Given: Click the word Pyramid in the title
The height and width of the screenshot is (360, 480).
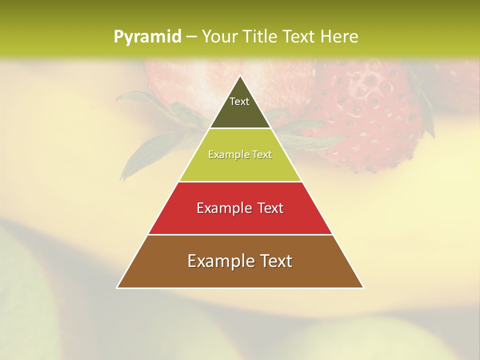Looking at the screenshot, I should pyautogui.click(x=147, y=36).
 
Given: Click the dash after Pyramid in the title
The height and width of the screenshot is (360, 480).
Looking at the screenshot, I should pyautogui.click(x=191, y=37).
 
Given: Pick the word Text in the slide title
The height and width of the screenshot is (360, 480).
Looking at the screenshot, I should pyautogui.click(x=299, y=36).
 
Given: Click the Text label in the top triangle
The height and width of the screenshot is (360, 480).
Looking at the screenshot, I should pyautogui.click(x=239, y=101).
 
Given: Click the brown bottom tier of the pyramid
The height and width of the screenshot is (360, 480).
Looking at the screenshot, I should pyautogui.click(x=240, y=275).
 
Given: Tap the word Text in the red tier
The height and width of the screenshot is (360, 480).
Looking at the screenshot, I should pyautogui.click(x=270, y=208).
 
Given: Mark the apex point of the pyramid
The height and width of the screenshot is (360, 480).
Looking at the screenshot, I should pyautogui.click(x=240, y=76).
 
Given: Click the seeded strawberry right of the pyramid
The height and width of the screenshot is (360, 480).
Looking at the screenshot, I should pyautogui.click(x=365, y=115).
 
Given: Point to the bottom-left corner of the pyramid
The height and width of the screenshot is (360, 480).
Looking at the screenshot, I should pyautogui.click(x=117, y=287).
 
